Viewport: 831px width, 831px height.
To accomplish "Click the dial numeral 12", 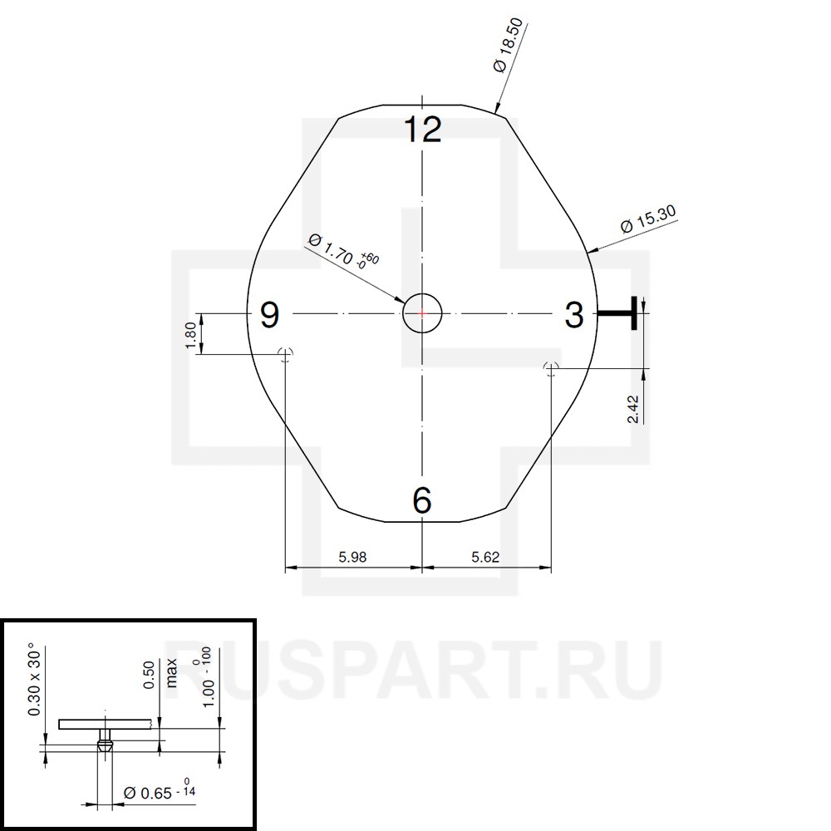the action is pyautogui.click(x=422, y=130).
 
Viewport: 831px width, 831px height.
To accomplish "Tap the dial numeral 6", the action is pyautogui.click(x=422, y=500).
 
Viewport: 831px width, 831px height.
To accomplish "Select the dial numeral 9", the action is pyautogui.click(x=270, y=315).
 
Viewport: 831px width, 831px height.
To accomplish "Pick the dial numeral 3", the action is pyautogui.click(x=574, y=315).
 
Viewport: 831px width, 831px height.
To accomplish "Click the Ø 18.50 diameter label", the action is pyautogui.click(x=508, y=46).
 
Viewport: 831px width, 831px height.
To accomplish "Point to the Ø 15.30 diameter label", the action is pyautogui.click(x=648, y=219).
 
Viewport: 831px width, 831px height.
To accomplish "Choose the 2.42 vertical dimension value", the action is pyautogui.click(x=633, y=409).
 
